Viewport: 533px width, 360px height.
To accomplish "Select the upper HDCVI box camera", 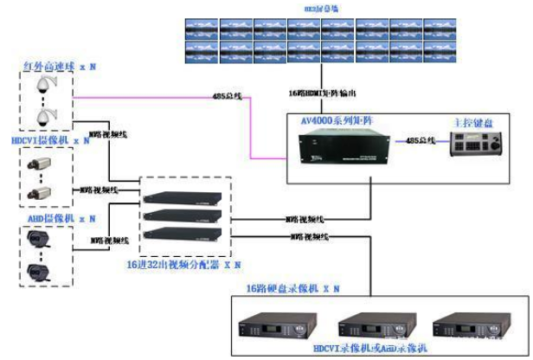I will click(x=42, y=161).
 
